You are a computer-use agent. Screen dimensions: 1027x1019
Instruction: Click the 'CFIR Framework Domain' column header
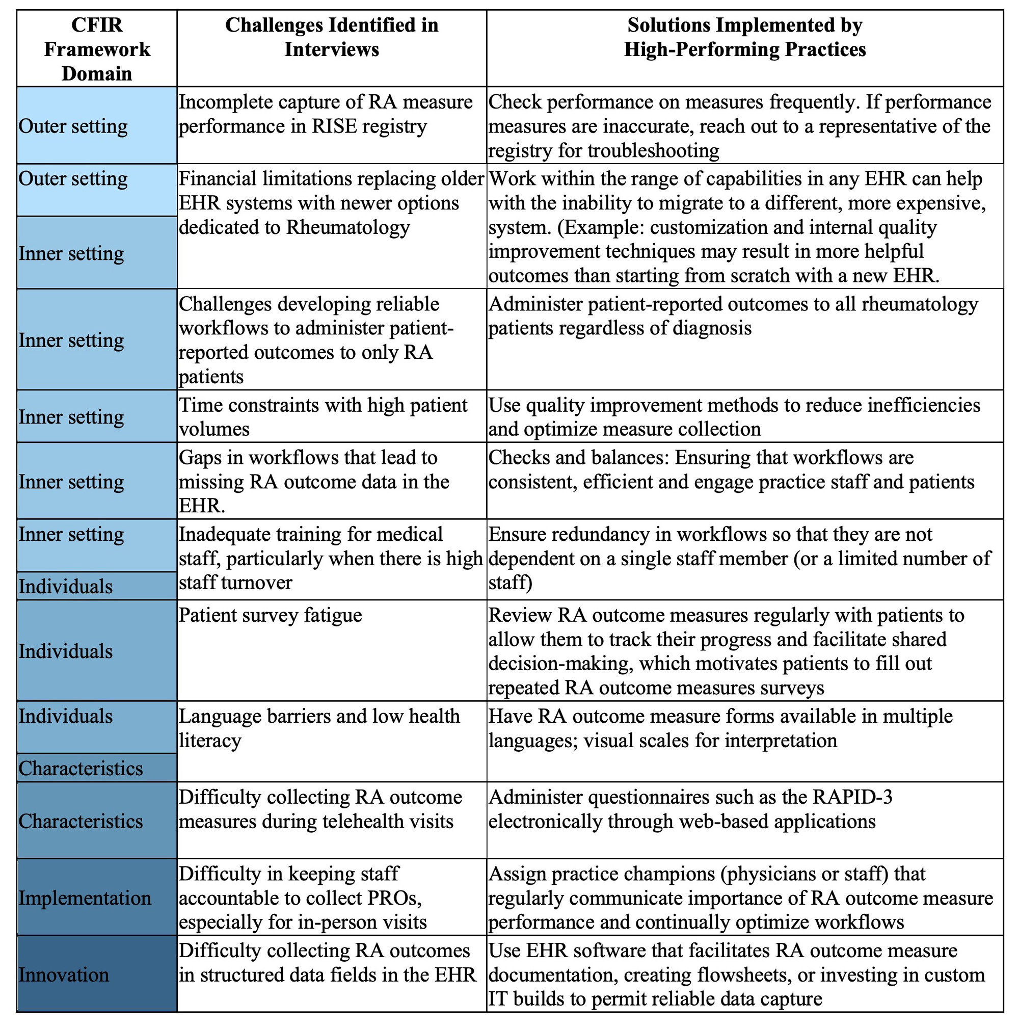click(x=97, y=49)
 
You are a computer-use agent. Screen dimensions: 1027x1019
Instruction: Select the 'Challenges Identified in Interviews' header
click(x=332, y=37)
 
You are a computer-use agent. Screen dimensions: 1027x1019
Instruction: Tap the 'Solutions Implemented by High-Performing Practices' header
click(x=744, y=37)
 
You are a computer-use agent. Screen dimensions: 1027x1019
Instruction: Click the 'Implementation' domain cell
click(x=85, y=898)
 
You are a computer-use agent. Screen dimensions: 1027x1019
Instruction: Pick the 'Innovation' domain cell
click(x=64, y=975)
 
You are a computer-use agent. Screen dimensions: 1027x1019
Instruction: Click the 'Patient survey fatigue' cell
click(x=270, y=615)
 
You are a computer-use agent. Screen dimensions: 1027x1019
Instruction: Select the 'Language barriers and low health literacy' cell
click(x=319, y=728)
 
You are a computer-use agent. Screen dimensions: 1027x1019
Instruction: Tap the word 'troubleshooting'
click(x=654, y=151)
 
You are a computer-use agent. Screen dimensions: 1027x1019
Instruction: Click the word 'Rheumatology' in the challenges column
click(x=348, y=227)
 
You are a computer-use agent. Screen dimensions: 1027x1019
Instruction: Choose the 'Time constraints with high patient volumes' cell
click(x=323, y=417)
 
